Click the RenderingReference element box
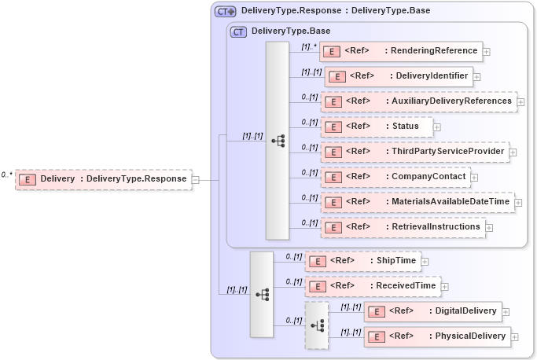399,51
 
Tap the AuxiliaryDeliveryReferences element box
418,101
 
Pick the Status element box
376,127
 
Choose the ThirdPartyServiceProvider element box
414,152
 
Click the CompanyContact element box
395,177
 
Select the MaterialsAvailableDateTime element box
417,202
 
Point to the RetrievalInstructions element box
402,227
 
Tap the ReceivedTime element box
373,286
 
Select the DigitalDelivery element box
432,311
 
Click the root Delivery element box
103,179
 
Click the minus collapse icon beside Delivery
196,179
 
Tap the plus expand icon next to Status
437,127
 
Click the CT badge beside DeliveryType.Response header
226,11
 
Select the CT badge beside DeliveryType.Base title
238,31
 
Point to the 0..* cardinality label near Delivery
7,174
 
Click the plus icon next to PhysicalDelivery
515,337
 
